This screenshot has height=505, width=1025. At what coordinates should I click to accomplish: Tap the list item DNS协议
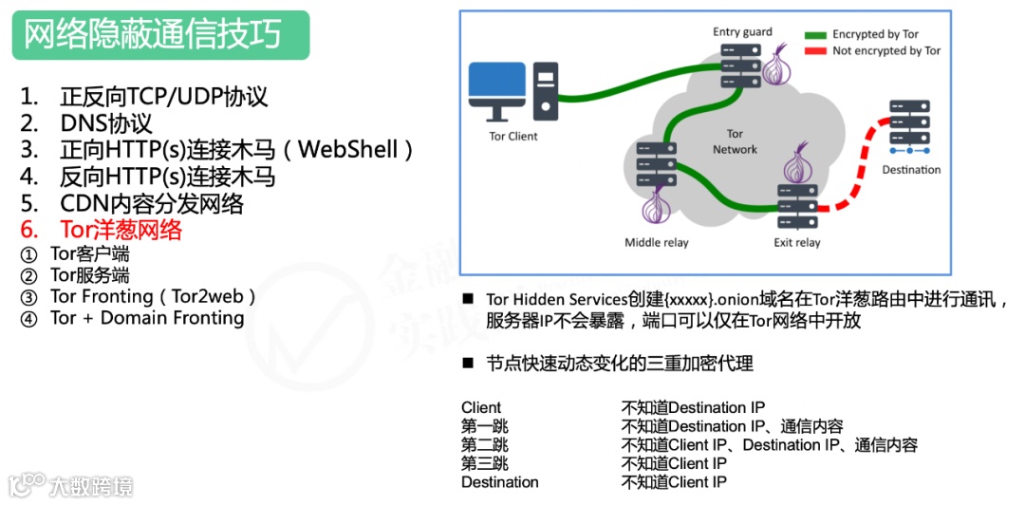[x=105, y=123]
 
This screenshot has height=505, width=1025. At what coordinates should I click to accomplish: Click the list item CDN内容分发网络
[x=152, y=203]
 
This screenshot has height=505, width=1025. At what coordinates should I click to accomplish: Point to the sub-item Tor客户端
[x=90, y=253]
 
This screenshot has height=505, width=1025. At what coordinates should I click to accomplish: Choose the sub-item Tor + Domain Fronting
[x=147, y=318]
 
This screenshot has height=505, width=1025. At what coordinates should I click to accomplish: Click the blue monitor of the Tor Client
[x=495, y=87]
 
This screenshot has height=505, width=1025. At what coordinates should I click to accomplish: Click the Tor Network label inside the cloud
[x=735, y=141]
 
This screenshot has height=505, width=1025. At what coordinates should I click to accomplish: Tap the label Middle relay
[x=656, y=242]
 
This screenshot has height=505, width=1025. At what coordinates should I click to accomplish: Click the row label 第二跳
[x=485, y=445]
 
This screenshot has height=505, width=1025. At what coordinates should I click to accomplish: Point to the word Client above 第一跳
[x=481, y=408]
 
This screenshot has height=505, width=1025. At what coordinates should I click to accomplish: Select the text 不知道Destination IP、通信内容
[x=732, y=426]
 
